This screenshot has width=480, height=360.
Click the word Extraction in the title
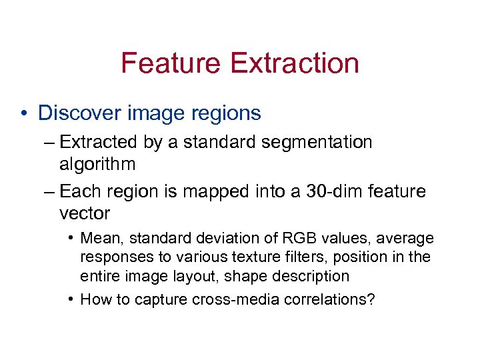pyautogui.click(x=294, y=63)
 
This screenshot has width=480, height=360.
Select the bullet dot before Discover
pyautogui.click(x=25, y=113)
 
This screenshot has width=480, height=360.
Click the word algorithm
pyautogui.click(x=97, y=164)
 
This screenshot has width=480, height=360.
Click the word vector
pyautogui.click(x=84, y=213)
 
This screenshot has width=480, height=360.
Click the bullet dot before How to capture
pyautogui.click(x=71, y=299)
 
